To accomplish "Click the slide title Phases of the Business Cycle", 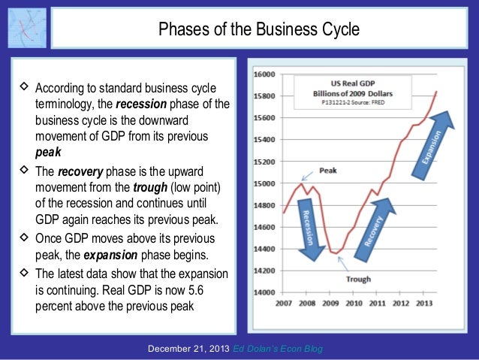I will (x=258, y=29).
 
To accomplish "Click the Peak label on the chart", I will (x=327, y=171).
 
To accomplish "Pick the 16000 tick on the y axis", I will (x=264, y=74).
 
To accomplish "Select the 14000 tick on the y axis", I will (x=264, y=292).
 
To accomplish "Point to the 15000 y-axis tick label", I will (x=264, y=183).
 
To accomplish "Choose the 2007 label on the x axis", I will (x=284, y=304).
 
